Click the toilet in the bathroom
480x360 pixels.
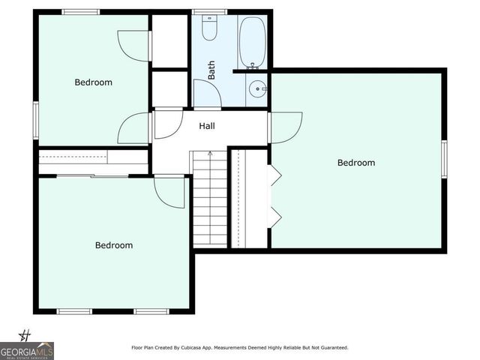pos(210,29)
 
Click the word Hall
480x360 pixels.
pos(207,127)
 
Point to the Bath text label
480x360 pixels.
pos(211,70)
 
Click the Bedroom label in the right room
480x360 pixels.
pos(356,163)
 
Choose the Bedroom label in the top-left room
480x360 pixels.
pos(93,82)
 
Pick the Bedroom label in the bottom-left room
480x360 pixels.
pos(114,245)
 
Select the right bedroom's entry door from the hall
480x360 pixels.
pos(286,126)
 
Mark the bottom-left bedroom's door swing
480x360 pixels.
pos(169,193)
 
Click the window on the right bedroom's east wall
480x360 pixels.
pos(444,159)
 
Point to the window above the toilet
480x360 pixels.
pos(209,12)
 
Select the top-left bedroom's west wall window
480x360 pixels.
pos(35,119)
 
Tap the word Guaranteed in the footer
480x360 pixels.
pos(332,348)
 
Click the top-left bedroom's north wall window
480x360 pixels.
pos(80,12)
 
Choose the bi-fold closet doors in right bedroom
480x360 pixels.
pos(274,196)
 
